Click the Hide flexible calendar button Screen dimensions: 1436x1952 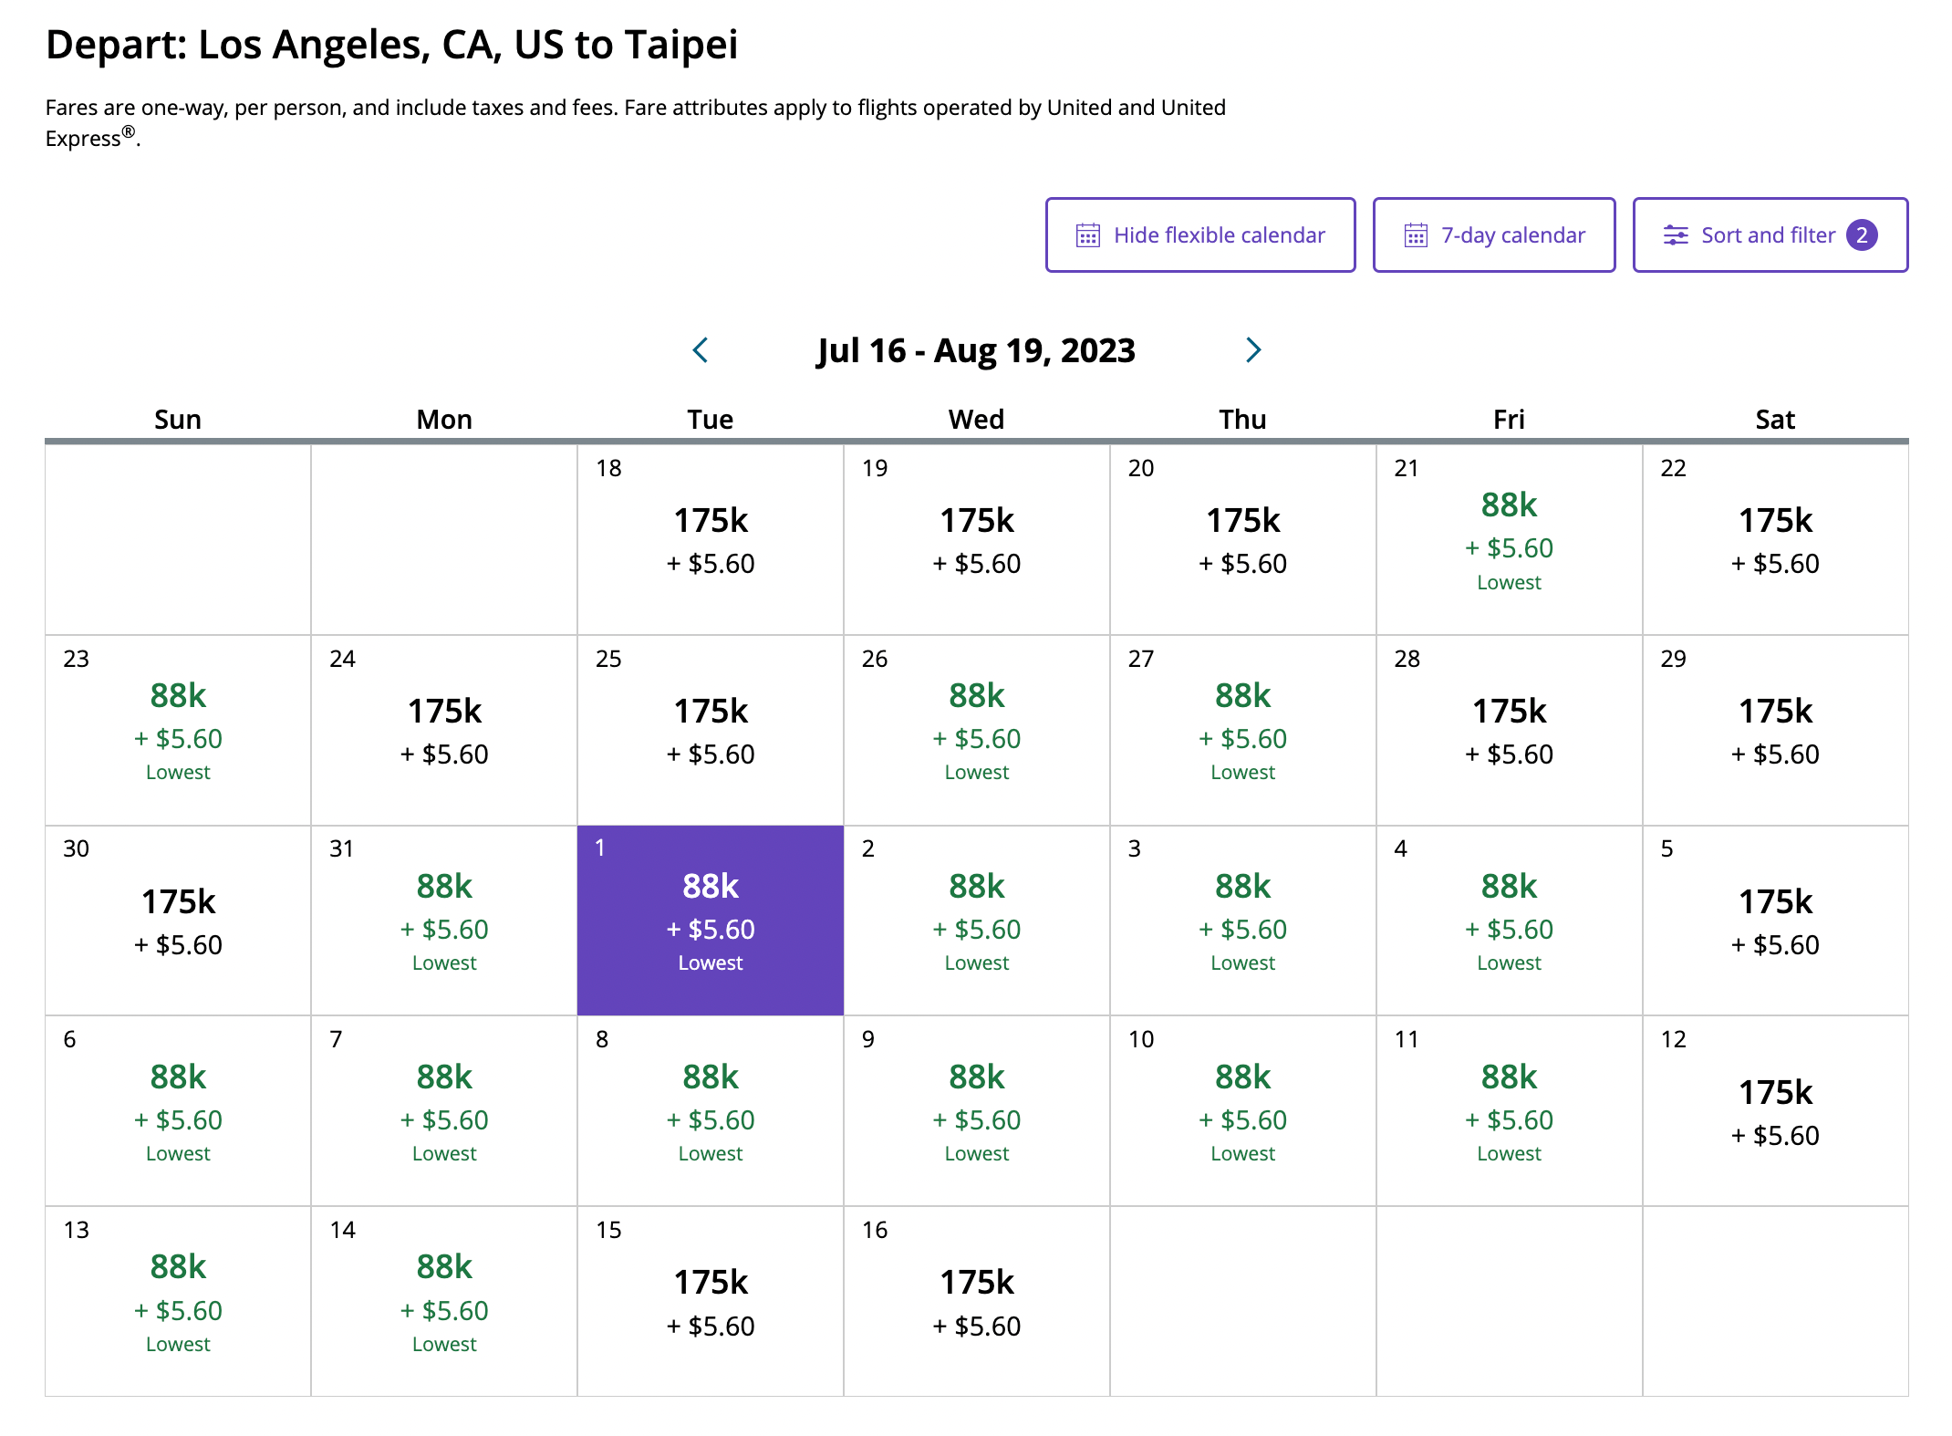1199,235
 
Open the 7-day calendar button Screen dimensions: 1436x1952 1493,235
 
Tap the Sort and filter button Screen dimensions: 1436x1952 1769,235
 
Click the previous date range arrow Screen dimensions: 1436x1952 701,350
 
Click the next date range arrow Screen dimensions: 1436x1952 1253,350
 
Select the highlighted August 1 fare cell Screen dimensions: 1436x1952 710,920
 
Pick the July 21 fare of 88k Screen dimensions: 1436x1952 1509,505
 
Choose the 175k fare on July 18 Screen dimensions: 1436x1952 711,521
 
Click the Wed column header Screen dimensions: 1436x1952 976,420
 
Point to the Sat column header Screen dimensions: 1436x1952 1774,420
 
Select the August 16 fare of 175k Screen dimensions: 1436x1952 977,1284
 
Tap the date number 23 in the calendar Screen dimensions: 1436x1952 77,659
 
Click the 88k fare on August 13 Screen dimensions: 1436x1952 178,1267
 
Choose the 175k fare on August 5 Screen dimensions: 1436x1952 1775,902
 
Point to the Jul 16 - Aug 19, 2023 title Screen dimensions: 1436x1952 976,350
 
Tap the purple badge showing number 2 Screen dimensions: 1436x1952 1862,235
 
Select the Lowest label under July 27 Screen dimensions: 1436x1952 1242,773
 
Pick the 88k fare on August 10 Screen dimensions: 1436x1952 1242,1077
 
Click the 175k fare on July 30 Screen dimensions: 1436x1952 178,902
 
